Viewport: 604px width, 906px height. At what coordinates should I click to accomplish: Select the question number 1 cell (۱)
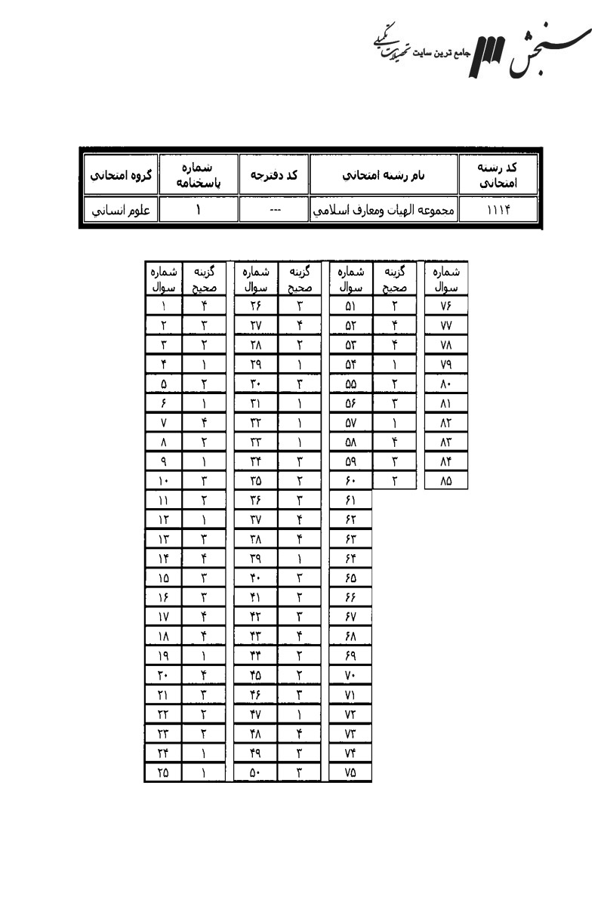coord(164,306)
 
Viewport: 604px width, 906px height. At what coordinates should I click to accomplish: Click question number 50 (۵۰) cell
coord(257,772)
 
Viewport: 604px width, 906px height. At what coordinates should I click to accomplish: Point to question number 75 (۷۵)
coord(350,772)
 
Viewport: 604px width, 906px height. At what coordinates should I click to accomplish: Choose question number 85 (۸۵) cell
coord(445,481)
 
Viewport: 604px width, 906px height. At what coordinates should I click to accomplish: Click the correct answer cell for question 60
coord(394,481)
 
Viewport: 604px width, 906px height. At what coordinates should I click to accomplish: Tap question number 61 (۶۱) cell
coord(350,501)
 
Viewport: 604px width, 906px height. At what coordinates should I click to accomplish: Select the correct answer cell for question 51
coord(394,306)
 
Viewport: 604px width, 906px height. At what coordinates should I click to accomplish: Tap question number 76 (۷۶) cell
coord(445,306)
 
